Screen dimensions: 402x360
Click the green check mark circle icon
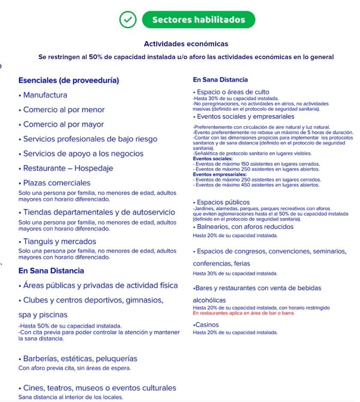coord(127,19)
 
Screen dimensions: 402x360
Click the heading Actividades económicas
coord(186,44)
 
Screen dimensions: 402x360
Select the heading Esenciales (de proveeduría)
coord(69,81)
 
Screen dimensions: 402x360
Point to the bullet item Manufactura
coord(45,95)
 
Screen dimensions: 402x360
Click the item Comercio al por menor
coord(64,110)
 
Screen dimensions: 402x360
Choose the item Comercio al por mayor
coord(63,124)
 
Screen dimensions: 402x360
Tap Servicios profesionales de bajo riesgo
coord(90,139)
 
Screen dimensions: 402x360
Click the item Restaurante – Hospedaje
coord(68,168)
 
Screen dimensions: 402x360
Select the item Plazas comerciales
coord(57,183)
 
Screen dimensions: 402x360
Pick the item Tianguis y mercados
coord(60,242)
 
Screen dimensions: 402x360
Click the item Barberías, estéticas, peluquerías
coord(80,359)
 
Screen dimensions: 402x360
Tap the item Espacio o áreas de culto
coord(232,92)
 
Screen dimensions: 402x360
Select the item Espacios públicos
coord(223,202)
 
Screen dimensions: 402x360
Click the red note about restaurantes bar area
coord(244,313)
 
